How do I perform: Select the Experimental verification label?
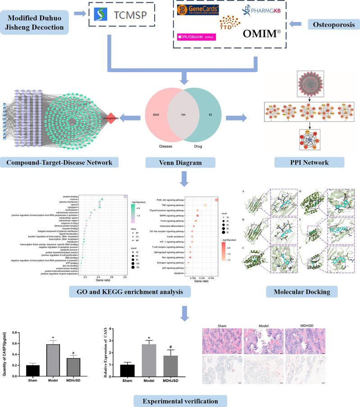(x=180, y=399)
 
